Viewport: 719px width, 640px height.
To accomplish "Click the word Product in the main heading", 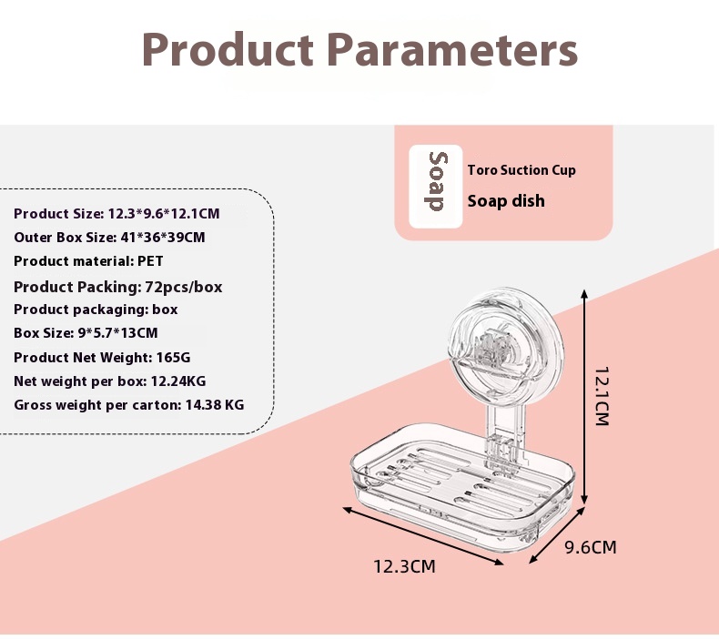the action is click(x=228, y=49).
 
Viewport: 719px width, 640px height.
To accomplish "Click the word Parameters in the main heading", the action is click(x=452, y=49).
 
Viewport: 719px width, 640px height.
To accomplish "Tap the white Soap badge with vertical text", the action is click(x=436, y=187).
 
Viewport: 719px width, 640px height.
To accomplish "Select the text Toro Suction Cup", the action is click(x=522, y=170).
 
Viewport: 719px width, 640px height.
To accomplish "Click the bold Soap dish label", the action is click(x=506, y=201).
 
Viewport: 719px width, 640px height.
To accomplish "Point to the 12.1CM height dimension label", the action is click(x=602, y=396).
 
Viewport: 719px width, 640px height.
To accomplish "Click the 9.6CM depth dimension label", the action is click(x=590, y=547).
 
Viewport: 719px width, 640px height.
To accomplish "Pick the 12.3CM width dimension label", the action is click(x=404, y=566).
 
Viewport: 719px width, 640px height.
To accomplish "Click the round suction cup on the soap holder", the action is click(x=506, y=343).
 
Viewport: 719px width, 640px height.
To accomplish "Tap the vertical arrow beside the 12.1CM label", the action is click(x=584, y=397).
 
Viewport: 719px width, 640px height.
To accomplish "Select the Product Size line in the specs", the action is click(x=116, y=214).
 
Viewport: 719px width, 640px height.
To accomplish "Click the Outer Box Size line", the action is click(x=109, y=238).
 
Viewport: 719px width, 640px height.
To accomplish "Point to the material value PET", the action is click(x=150, y=261).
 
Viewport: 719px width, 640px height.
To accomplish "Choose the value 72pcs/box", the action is click(x=184, y=287).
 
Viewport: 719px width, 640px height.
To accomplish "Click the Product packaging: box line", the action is click(x=96, y=310).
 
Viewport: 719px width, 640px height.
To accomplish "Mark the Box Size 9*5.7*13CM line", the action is click(x=86, y=332).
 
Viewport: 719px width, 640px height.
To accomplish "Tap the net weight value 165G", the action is click(x=173, y=358).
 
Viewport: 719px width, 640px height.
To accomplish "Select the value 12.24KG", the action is click(x=178, y=381).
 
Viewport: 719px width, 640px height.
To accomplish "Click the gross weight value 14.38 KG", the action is click(x=215, y=405).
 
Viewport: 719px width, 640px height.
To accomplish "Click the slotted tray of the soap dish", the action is click(x=462, y=486).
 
